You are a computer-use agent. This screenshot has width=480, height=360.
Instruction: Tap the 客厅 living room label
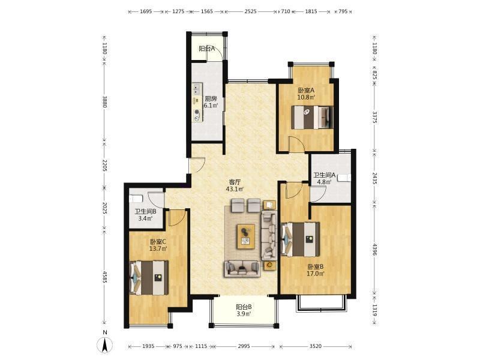point(235,182)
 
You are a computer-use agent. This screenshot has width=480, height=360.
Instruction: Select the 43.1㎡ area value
point(235,189)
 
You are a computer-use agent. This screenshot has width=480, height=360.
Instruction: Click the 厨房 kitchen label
point(211,99)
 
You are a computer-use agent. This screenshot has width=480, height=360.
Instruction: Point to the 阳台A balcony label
point(207,49)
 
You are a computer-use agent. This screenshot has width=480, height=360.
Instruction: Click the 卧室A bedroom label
point(307,91)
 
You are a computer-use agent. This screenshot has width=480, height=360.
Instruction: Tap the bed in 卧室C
point(149,278)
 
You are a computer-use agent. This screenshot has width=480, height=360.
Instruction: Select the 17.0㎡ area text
point(316,274)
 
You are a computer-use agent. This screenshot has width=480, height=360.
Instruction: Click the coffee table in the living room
point(245,236)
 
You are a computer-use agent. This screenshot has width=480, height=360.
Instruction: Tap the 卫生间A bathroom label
point(325,175)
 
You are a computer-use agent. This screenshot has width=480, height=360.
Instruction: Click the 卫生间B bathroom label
point(146,211)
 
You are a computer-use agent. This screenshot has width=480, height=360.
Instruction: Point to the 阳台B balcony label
point(244,307)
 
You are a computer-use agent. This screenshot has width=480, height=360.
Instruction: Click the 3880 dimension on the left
point(104,102)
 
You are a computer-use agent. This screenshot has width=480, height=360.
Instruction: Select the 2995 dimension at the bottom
point(244,346)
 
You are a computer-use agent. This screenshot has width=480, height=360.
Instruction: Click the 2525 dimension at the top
point(250,11)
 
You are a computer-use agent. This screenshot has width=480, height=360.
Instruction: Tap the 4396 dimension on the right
point(374,250)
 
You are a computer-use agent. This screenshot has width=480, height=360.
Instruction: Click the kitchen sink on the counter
point(197,89)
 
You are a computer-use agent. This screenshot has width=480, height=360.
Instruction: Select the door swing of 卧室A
point(296,145)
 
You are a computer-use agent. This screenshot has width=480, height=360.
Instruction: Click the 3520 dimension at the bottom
point(316,346)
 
